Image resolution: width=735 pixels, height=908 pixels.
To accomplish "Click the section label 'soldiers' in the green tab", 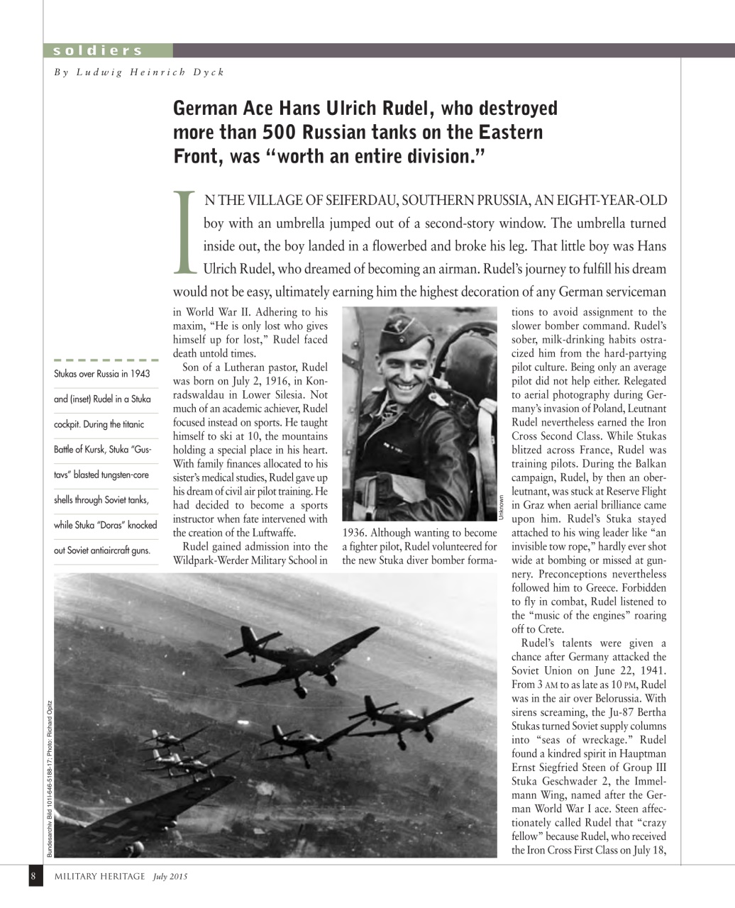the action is pyautogui.click(x=98, y=50).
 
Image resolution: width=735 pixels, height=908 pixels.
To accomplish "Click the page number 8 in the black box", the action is pyautogui.click(x=33, y=876).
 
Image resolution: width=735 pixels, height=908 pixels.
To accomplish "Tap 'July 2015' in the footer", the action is pyautogui.click(x=170, y=877).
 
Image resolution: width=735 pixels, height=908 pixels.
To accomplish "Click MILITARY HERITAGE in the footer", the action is pyautogui.click(x=100, y=877).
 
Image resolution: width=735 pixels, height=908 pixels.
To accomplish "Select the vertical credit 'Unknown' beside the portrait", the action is pyautogui.click(x=501, y=508).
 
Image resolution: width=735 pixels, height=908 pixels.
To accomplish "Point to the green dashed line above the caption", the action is pyautogui.click(x=106, y=360).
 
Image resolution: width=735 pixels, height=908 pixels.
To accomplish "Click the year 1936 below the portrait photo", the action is pyautogui.click(x=353, y=533).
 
